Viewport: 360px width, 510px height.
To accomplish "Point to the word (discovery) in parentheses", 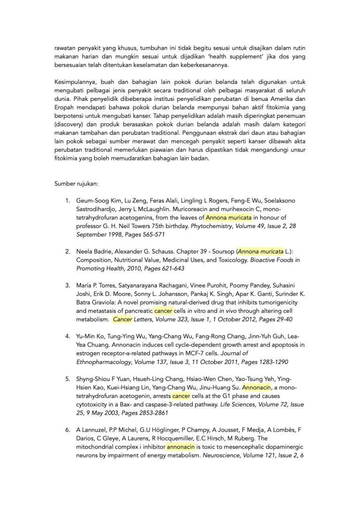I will point(69,124).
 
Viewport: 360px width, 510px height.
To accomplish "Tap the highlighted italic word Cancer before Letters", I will point(123,319).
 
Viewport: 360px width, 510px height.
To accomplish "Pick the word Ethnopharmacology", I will point(103,362).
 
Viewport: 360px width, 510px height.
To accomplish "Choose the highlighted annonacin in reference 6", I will point(180,447).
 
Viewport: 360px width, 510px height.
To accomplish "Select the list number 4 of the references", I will point(67,336).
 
